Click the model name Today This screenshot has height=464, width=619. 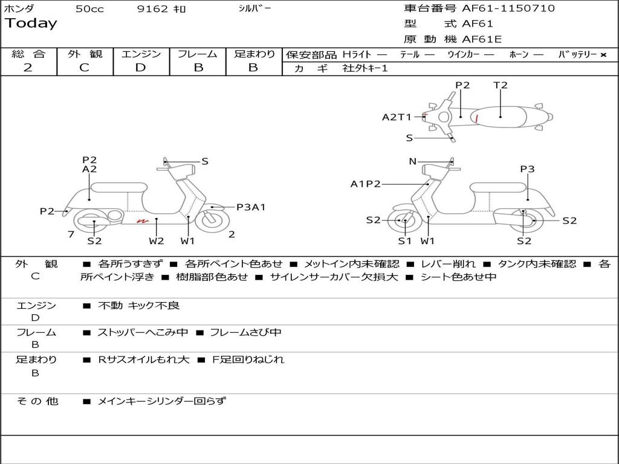(31, 24)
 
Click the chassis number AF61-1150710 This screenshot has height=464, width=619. (508, 8)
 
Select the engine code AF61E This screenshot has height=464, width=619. (482, 39)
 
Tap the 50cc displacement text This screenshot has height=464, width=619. (89, 9)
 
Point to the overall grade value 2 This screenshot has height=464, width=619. (28, 68)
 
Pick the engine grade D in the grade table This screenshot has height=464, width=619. (141, 68)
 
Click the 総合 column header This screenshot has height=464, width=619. (28, 54)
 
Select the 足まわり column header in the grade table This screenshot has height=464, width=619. (254, 54)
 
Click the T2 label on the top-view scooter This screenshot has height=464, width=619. (501, 85)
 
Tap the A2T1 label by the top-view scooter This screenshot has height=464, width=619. (396, 117)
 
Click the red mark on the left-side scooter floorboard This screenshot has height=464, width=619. (143, 222)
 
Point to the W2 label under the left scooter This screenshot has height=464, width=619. (157, 241)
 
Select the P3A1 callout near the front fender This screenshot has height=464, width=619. (251, 207)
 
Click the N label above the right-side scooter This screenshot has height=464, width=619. (413, 161)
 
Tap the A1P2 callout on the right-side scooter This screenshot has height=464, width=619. (365, 184)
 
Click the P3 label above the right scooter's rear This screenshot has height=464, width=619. (527, 169)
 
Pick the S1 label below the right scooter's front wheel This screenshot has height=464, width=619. (404, 241)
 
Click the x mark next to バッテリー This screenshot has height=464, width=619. (603, 55)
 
